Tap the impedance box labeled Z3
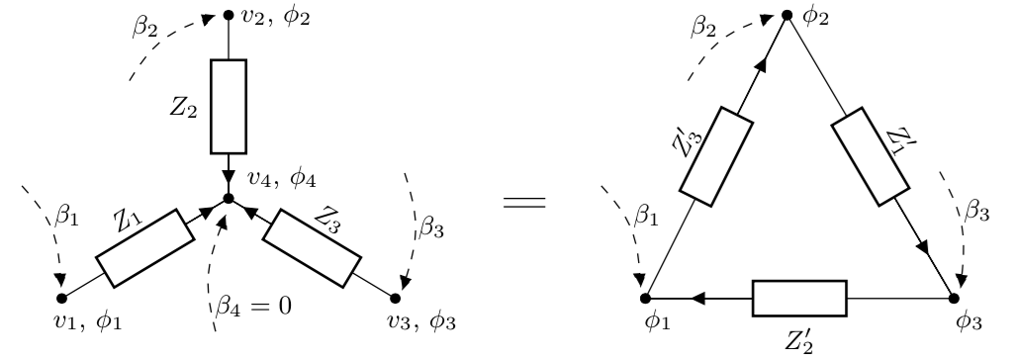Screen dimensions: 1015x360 (x=314, y=247)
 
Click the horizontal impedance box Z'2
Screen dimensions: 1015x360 (x=799, y=296)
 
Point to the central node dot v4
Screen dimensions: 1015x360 (x=229, y=198)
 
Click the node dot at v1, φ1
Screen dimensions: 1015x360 (x=61, y=296)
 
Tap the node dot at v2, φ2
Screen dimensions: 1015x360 (x=229, y=16)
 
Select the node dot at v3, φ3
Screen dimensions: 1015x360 (x=396, y=296)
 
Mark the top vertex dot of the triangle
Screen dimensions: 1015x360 (x=786, y=16)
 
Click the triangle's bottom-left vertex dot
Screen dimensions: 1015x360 (x=646, y=296)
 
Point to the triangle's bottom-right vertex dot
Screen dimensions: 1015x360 (x=955, y=296)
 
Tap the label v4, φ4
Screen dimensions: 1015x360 (x=267, y=181)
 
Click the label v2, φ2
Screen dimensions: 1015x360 (x=269, y=17)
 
